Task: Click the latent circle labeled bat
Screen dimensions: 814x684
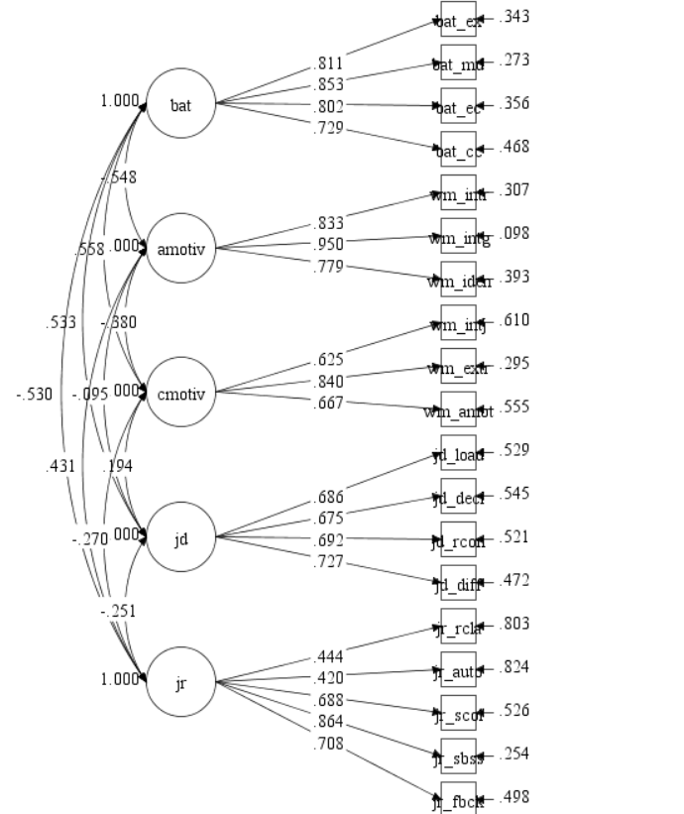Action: coord(180,104)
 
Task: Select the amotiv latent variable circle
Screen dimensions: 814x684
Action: coord(180,249)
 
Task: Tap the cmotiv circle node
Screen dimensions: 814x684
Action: coord(180,394)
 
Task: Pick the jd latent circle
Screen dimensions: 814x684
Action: coord(180,538)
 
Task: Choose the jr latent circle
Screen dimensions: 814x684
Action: coord(180,683)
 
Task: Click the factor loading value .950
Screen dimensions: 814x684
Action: coord(329,244)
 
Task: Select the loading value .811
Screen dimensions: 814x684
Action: coord(329,63)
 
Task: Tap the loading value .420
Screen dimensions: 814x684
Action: coord(329,678)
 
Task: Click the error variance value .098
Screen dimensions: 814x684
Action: coord(513,233)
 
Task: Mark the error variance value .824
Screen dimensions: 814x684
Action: coord(513,667)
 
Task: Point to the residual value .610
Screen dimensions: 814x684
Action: coord(513,320)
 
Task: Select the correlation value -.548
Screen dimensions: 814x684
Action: coord(119,177)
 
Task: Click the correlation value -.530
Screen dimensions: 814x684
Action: coord(35,395)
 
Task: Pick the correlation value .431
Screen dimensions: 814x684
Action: coord(60,466)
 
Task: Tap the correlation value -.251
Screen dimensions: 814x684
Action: coord(118,612)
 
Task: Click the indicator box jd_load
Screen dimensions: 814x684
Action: coord(459,454)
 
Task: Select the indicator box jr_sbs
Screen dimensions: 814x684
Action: coord(459,757)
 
